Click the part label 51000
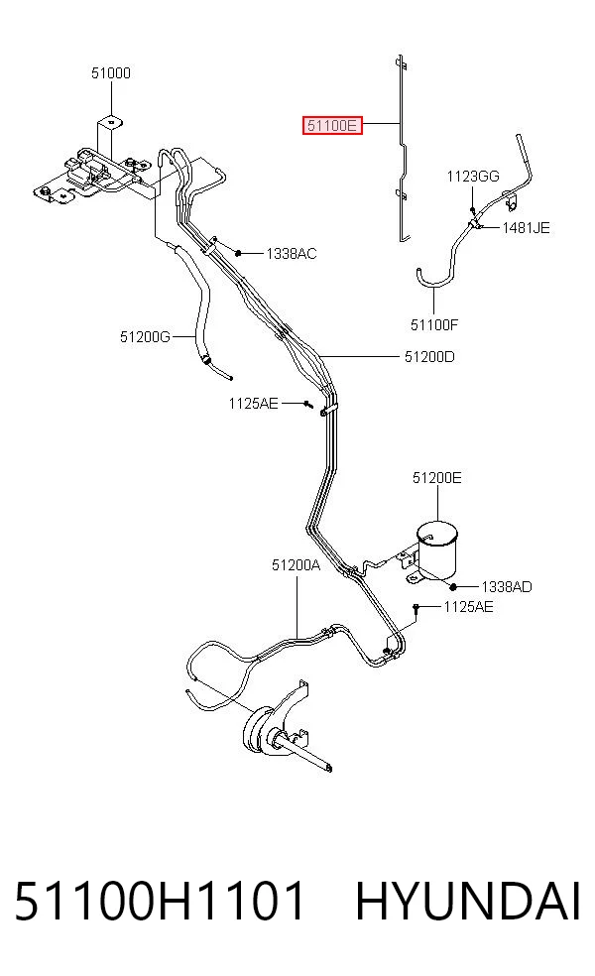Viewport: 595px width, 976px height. point(111,72)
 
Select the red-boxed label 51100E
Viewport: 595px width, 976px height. point(332,125)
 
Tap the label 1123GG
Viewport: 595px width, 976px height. point(473,177)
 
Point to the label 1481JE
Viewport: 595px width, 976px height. point(526,228)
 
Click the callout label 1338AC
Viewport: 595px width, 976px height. point(292,253)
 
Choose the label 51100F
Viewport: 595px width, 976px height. point(433,324)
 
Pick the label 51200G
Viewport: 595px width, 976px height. point(145,337)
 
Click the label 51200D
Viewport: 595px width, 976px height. point(429,357)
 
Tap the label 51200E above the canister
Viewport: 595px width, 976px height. point(437,477)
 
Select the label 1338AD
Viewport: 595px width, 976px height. point(507,586)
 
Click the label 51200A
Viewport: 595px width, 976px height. point(296,564)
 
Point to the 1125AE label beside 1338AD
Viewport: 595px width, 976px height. point(468,606)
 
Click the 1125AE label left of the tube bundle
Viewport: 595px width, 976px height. point(253,404)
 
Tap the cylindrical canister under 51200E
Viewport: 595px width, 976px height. point(437,550)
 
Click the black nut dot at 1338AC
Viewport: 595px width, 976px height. point(238,253)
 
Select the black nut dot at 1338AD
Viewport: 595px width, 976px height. point(454,586)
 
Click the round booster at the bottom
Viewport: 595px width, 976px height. point(258,730)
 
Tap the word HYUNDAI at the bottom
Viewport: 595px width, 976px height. point(468,901)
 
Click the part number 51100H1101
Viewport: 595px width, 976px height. point(160,901)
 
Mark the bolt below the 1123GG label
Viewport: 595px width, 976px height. point(473,210)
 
